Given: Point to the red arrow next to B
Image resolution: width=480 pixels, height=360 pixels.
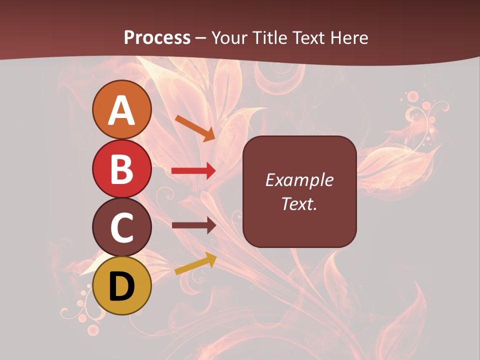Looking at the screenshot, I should coord(193,171).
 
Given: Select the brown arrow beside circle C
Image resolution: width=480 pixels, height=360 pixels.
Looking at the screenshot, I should coord(193,225).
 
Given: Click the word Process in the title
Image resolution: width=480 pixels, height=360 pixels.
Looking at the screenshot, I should coord(157,37).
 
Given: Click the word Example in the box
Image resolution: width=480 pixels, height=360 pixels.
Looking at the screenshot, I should coord(299,180).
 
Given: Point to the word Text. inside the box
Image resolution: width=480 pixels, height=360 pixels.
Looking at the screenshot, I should coord(299,203).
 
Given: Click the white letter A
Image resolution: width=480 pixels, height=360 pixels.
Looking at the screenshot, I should coord(122,111).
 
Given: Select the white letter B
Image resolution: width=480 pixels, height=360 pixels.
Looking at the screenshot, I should coord(122,169).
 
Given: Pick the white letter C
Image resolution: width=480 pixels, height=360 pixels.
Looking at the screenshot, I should coord(122,228).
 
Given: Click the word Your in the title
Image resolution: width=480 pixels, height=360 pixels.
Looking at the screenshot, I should coord(229,37).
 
